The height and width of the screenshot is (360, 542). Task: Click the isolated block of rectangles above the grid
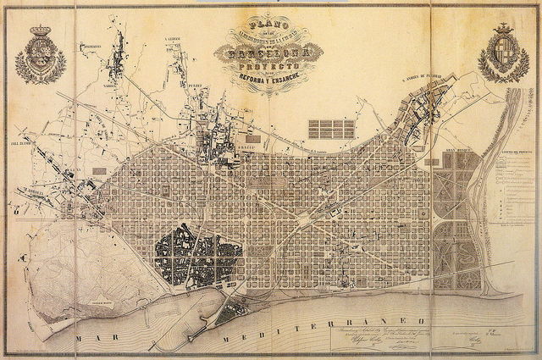coord(331,129)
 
